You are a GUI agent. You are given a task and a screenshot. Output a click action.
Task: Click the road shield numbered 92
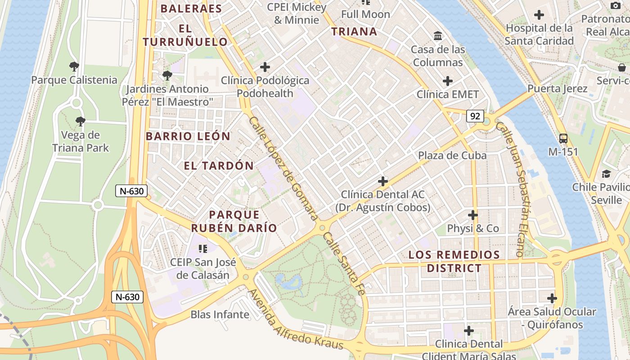point(475,116)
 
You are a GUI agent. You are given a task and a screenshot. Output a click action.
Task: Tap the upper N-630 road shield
point(132,191)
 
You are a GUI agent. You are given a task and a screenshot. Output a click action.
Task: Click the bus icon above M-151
point(563,139)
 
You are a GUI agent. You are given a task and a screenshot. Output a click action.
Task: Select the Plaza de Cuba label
point(452,155)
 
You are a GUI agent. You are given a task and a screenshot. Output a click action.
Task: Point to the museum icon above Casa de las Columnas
point(437,36)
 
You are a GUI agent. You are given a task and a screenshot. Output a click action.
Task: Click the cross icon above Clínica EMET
point(447,81)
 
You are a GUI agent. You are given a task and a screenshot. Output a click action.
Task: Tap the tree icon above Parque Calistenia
point(74,67)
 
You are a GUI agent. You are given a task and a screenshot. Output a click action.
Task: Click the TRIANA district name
point(354,31)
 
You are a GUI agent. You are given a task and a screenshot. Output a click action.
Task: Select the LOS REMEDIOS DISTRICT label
point(454,261)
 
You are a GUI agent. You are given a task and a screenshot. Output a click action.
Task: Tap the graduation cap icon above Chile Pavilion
point(606,174)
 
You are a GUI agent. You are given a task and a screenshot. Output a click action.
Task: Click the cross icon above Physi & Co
point(472,215)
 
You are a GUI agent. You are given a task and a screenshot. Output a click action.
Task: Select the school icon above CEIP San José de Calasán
point(203,248)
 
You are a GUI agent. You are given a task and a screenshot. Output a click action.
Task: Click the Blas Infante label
point(220,314)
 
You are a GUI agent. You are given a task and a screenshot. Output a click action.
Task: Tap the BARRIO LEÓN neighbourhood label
point(188,136)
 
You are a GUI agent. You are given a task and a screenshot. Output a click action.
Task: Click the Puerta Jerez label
point(557,88)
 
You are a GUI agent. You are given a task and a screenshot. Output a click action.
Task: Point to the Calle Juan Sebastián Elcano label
point(516,189)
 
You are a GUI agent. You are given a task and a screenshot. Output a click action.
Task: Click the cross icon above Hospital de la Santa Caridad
point(539,15)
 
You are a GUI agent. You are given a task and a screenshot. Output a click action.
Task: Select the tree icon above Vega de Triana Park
point(80,121)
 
